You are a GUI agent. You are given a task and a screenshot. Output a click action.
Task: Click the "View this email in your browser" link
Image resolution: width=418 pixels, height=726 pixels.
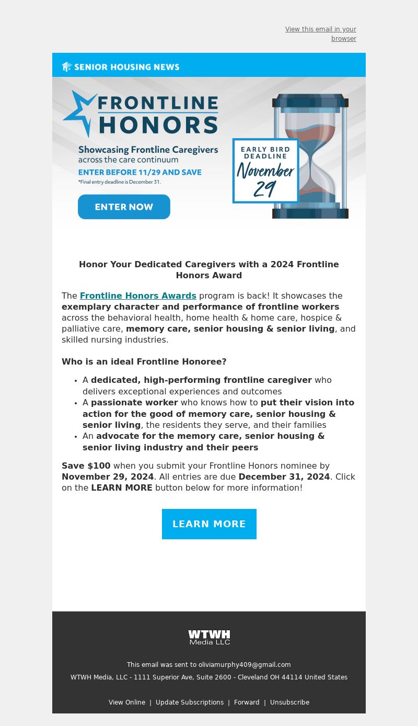pyautogui.click(x=320, y=33)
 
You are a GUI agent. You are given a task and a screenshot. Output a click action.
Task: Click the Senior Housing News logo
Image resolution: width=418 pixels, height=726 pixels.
pyautogui.click(x=121, y=67)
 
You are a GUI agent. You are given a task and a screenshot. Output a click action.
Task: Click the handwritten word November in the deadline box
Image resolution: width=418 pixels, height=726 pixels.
pyautogui.click(x=265, y=170)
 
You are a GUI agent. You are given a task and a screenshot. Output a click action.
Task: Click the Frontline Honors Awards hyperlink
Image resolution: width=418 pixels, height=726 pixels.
pyautogui.click(x=138, y=296)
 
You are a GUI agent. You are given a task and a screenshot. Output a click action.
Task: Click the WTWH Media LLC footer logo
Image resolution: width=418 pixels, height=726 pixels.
pyautogui.click(x=209, y=637)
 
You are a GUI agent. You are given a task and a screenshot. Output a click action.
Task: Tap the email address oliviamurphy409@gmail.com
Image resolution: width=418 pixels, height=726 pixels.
pyautogui.click(x=245, y=665)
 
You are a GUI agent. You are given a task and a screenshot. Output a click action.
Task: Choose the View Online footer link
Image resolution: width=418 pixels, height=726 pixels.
pyautogui.click(x=127, y=702)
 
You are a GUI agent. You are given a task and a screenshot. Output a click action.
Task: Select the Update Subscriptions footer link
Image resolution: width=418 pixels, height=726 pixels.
pyautogui.click(x=190, y=702)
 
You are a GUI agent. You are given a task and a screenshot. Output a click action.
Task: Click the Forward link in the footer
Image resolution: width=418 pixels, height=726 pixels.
pyautogui.click(x=247, y=702)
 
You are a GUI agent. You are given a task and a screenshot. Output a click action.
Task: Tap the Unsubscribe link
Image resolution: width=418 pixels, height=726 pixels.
pyautogui.click(x=289, y=702)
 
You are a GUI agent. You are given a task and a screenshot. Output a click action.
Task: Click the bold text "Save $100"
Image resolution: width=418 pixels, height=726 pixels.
pyautogui.click(x=86, y=466)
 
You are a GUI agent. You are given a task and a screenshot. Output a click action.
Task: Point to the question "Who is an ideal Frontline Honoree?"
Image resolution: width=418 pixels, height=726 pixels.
pyautogui.click(x=144, y=361)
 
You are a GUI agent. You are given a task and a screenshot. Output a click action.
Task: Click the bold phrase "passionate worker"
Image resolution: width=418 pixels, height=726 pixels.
pyautogui.click(x=134, y=402)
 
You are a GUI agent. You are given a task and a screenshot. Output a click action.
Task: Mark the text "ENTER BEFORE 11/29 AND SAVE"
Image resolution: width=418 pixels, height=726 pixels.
pyautogui.click(x=140, y=172)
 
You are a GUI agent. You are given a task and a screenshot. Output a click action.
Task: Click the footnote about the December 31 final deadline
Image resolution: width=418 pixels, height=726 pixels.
pyautogui.click(x=120, y=182)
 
